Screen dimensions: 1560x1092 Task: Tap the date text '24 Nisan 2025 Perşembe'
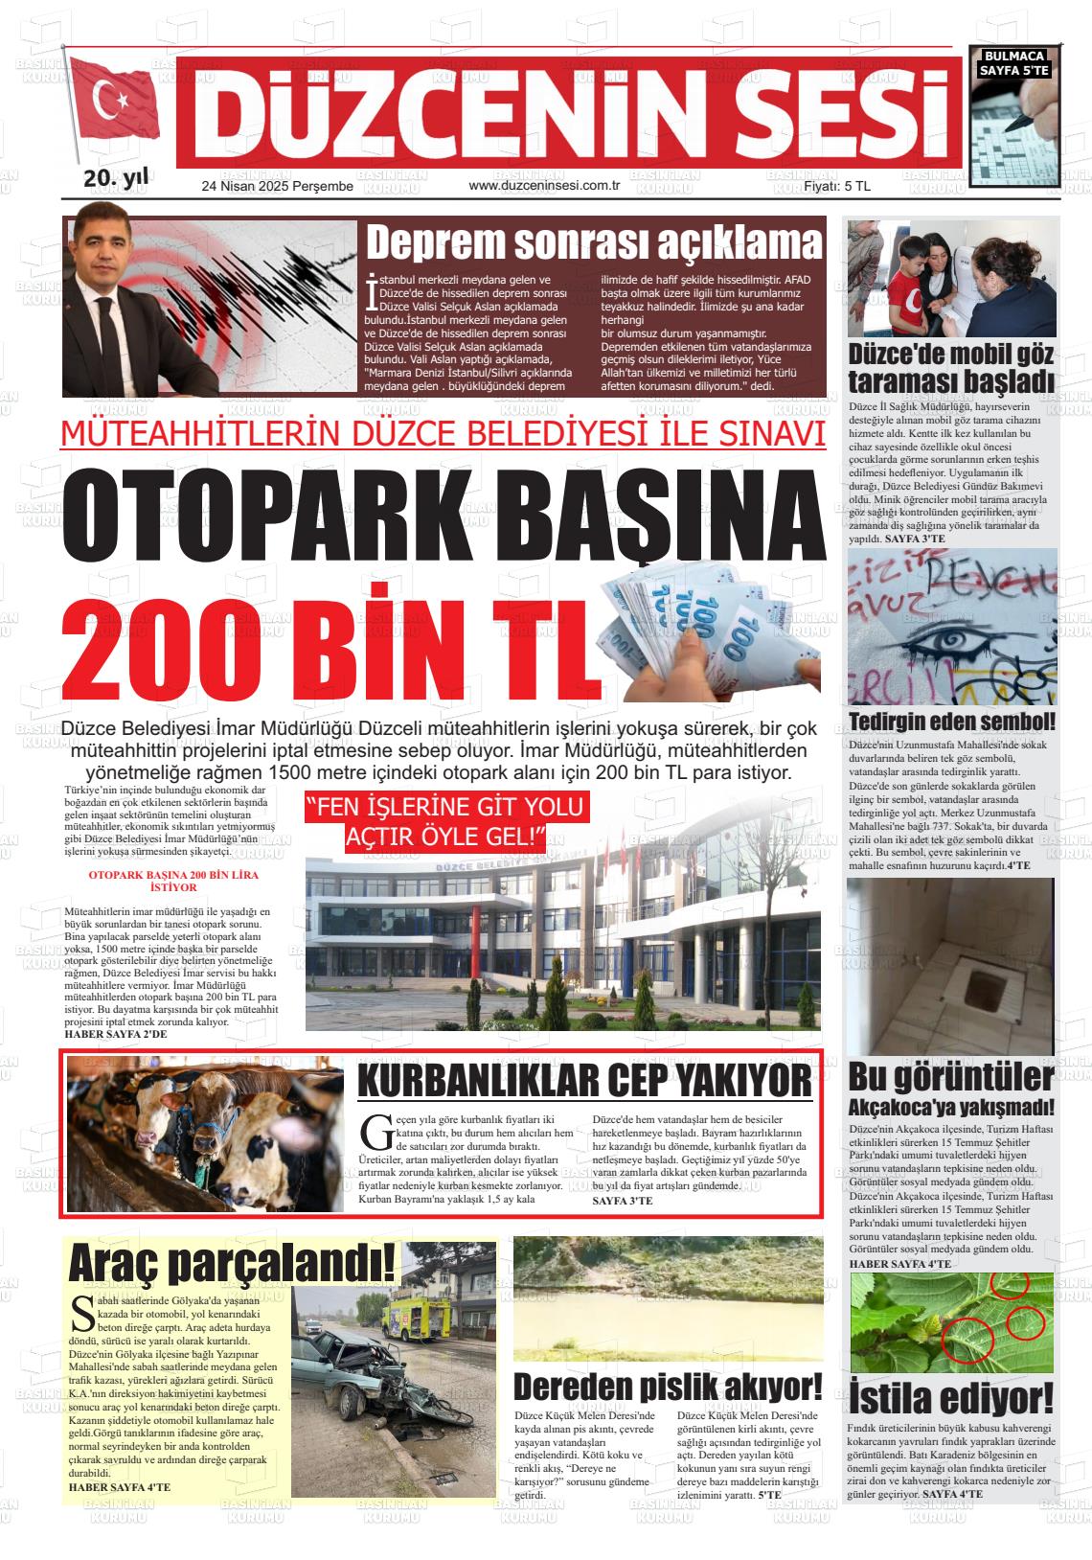(278, 187)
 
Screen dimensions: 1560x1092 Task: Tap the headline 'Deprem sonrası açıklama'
(594, 243)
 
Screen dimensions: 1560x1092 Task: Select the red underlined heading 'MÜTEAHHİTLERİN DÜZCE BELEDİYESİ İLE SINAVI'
(443, 433)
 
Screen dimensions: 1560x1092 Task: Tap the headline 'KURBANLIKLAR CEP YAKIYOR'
(584, 1082)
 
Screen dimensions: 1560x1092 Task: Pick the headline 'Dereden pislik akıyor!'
(668, 1387)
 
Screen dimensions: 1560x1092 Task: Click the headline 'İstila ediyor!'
(951, 1396)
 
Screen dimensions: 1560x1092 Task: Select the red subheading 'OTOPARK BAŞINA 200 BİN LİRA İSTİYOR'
(160, 882)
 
